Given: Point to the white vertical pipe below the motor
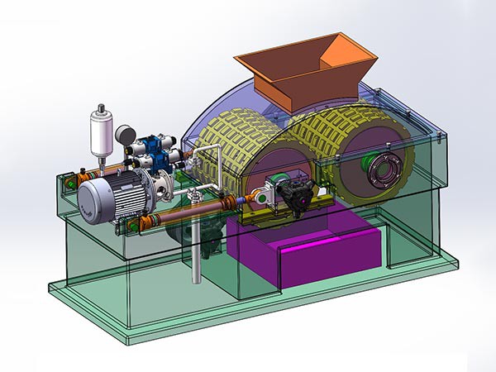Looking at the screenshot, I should (197, 248).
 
